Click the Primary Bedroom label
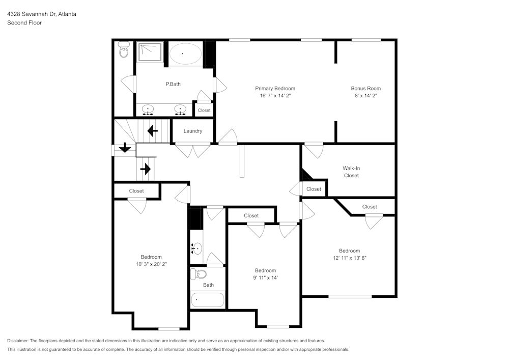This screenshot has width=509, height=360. coord(275,89)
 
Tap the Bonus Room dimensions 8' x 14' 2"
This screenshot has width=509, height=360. coord(365,96)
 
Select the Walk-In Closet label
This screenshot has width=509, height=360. coord(351,172)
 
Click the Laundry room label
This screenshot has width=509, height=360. coord(193,131)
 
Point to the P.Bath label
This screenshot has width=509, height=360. coord(173,84)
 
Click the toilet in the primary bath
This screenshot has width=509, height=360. coord(123,50)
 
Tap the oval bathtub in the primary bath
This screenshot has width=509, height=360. coord(185,53)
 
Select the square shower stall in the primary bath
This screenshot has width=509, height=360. coord(150,52)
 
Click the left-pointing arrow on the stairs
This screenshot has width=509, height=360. coord(152,131)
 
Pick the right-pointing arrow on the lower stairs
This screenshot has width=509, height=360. coord(146,169)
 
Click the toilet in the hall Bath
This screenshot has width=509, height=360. coord(197,275)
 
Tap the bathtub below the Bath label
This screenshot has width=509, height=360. coord(208,299)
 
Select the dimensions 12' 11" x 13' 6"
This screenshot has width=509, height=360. coord(349,258)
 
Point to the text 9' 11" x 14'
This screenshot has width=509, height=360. coord(265,278)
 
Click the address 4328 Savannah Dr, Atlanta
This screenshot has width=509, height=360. coord(42,14)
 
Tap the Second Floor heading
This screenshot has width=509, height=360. coord(24,23)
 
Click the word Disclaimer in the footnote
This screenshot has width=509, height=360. coord(18,341)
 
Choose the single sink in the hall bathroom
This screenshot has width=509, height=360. coord(197,248)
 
